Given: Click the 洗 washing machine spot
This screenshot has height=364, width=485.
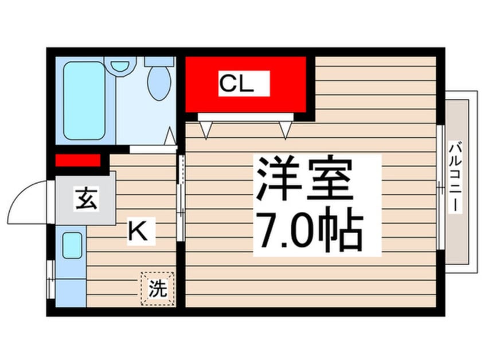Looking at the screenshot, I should pyautogui.click(x=157, y=289).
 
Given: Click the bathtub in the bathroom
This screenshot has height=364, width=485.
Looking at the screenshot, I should pyautogui.click(x=84, y=100).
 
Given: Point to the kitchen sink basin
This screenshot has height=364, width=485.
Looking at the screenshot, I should pyautogui.click(x=72, y=246).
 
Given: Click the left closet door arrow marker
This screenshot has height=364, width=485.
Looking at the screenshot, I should pyautogui.click(x=207, y=131).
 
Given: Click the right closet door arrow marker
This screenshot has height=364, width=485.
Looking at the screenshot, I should pyautogui.click(x=285, y=131).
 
